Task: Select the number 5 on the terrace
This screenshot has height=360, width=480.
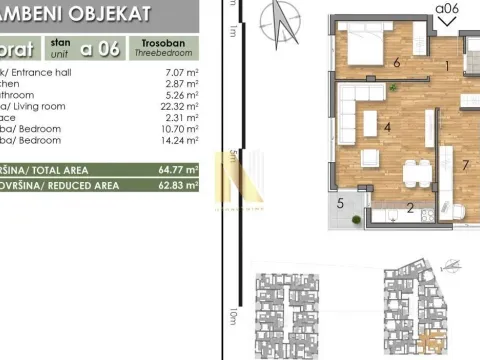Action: [x=341, y=204]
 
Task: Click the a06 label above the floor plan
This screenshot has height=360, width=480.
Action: [x=446, y=11]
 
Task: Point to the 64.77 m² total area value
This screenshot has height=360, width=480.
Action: [x=177, y=170]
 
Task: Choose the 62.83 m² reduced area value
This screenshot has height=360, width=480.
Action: [x=177, y=185]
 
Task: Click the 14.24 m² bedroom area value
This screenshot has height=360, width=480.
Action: [x=177, y=142]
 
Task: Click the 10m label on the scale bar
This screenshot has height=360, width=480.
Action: [x=232, y=319]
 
